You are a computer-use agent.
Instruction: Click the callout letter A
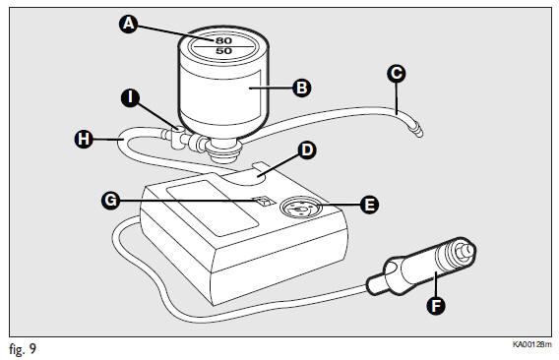click(x=128, y=24)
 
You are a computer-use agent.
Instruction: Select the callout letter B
click(x=301, y=88)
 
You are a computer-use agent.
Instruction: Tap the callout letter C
click(x=396, y=74)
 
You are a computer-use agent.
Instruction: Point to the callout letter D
click(x=307, y=150)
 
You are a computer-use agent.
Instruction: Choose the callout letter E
click(x=369, y=205)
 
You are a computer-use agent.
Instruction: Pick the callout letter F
click(x=436, y=306)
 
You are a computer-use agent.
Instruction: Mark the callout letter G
click(x=110, y=200)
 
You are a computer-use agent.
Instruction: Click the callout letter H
click(x=84, y=139)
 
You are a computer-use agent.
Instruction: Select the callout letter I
click(x=130, y=97)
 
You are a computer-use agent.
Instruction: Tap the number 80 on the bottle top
click(x=223, y=40)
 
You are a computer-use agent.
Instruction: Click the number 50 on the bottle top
click(x=223, y=51)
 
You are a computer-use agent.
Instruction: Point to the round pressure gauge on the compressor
click(x=300, y=208)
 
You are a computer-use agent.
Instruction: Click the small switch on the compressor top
click(x=263, y=202)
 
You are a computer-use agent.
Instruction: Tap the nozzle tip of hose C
click(x=419, y=132)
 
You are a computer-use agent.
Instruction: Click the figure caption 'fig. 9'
click(x=23, y=349)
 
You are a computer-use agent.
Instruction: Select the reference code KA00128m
click(x=531, y=344)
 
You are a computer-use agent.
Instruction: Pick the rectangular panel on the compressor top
click(x=213, y=208)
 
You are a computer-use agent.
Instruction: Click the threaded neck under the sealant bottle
click(x=224, y=150)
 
